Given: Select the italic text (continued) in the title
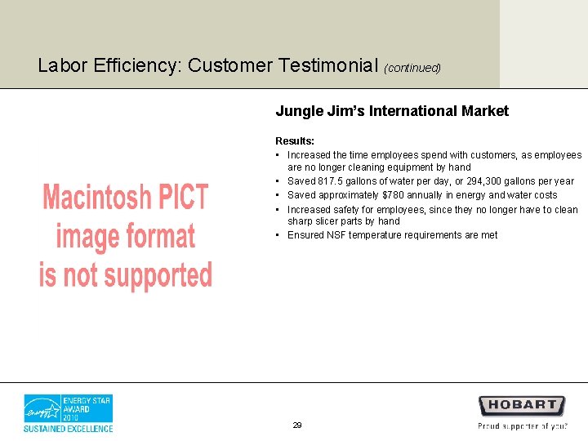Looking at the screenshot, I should point(412,68).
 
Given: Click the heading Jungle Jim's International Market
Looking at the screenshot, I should point(392,111).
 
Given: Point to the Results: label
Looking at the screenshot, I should point(295,141).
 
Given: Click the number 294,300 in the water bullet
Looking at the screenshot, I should point(483,181).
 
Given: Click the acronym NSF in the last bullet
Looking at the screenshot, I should point(336,235).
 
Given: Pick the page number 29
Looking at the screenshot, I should point(296,425).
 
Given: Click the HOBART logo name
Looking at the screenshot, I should point(522,405).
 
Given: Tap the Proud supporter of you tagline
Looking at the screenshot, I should point(523,425).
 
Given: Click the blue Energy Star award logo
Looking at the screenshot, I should point(68,408).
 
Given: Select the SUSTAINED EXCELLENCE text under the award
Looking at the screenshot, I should point(68,428).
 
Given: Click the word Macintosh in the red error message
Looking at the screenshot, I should point(97,198).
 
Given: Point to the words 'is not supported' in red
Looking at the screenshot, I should point(125,276).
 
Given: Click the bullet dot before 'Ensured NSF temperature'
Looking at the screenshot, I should point(278,235).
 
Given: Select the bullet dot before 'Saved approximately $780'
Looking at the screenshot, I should point(278,195).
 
